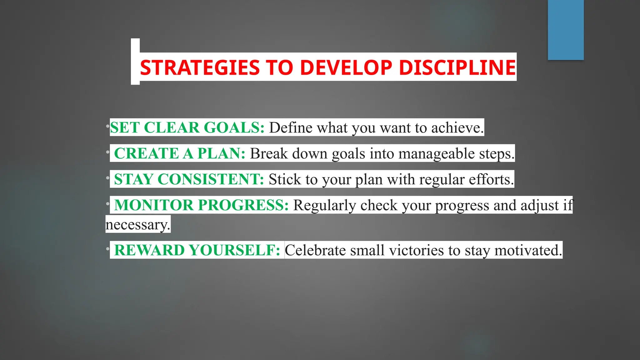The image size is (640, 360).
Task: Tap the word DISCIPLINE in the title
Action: [x=457, y=67]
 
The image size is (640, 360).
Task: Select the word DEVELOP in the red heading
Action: [x=346, y=67]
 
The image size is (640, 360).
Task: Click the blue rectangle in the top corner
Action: [x=566, y=30]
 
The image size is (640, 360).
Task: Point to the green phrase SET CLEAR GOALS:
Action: [x=187, y=127]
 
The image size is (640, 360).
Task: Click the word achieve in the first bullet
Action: [x=457, y=127]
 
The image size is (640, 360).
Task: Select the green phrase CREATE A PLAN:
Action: [x=180, y=153]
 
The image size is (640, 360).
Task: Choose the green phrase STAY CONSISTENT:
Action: [x=189, y=179]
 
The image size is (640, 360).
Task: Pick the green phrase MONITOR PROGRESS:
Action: [x=201, y=205]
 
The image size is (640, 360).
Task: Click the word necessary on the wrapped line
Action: [x=137, y=224]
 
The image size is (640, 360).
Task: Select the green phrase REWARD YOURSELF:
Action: [x=197, y=250]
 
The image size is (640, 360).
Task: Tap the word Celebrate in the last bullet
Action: [x=315, y=250]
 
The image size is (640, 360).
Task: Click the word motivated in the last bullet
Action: [x=528, y=250]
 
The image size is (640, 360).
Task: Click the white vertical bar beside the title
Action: [x=135, y=61]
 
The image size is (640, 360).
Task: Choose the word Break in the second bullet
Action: [x=268, y=153]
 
